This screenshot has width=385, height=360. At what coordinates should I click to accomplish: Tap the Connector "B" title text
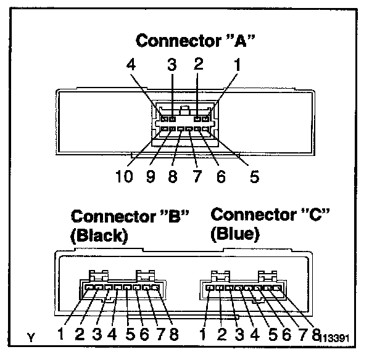[x=130, y=217]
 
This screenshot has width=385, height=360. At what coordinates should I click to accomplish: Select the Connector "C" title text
[x=270, y=215]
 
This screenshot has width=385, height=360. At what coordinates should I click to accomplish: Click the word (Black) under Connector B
[x=99, y=236]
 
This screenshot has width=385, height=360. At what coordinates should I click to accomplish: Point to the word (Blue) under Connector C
[x=234, y=234]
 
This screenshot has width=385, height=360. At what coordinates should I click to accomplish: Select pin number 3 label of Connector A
[x=172, y=64]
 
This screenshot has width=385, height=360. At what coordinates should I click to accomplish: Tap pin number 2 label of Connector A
[x=199, y=64]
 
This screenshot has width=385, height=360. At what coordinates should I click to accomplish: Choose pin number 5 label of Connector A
[x=254, y=177]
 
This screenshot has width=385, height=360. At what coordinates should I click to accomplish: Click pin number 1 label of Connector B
[x=62, y=335]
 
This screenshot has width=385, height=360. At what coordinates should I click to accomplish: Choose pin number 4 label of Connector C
[x=254, y=335]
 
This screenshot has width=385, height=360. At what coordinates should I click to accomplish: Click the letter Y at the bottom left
[x=31, y=337]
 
